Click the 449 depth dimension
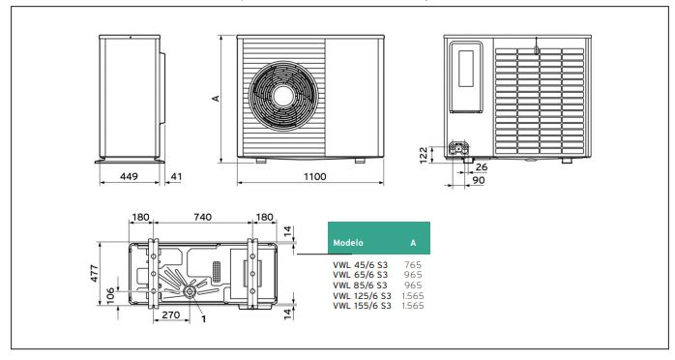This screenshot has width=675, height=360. [x=129, y=176]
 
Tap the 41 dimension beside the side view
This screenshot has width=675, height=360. [x=176, y=176]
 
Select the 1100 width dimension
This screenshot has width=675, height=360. [x=315, y=176]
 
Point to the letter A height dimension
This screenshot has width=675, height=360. [x=216, y=98]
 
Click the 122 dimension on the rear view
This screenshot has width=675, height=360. [x=424, y=155]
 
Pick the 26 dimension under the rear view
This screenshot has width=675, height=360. [x=482, y=167]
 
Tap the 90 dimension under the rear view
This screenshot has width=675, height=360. [x=479, y=180]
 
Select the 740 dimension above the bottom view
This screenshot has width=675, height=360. [x=202, y=217]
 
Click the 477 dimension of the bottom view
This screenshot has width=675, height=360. [x=94, y=274]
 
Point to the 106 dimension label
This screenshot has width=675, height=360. [x=110, y=296]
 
